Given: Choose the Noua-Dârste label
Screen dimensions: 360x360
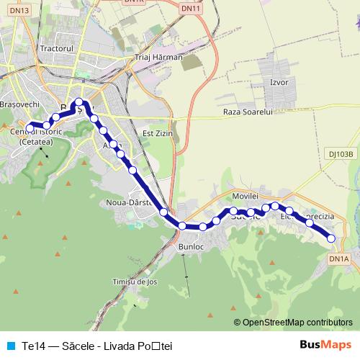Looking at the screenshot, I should [127, 202].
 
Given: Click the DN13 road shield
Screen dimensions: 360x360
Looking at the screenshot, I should [21, 10].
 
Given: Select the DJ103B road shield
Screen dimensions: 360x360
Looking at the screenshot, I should [341, 153].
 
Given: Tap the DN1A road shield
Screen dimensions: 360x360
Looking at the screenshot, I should [338, 258].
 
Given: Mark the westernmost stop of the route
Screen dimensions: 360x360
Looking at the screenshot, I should [30, 127].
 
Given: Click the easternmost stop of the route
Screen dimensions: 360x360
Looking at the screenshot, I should [331, 238].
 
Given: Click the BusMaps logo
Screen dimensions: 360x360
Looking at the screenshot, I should [325, 345].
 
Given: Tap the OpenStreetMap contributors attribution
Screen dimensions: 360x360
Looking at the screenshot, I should [293, 322].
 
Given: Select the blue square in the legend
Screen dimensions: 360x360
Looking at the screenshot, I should [10, 346].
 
